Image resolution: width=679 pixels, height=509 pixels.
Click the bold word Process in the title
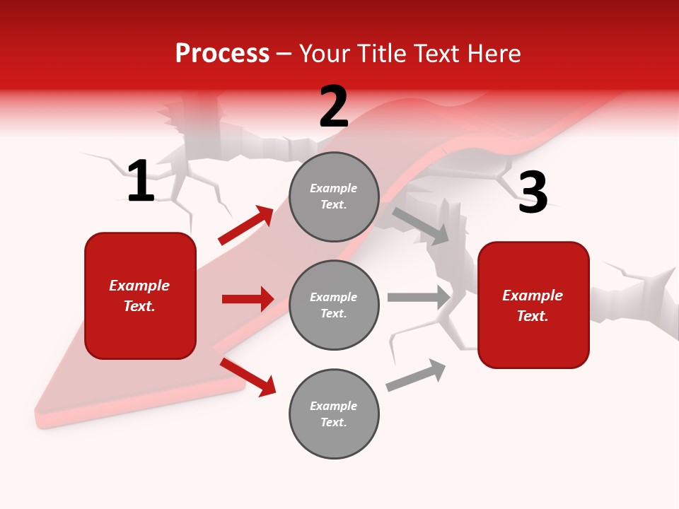click(222, 54)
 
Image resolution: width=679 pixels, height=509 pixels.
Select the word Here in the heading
click(492, 54)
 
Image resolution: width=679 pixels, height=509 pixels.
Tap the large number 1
click(141, 181)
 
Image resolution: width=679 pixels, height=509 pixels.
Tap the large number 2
click(334, 107)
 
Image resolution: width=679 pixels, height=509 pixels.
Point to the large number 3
click(533, 193)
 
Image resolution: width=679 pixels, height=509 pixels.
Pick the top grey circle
click(334, 197)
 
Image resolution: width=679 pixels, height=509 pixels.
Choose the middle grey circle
click(334, 305)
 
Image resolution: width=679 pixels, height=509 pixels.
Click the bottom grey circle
click(334, 414)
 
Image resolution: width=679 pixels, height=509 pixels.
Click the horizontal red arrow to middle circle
click(248, 299)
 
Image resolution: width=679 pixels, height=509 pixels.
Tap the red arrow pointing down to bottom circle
click(248, 377)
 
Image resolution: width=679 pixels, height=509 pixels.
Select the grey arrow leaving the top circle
click(420, 226)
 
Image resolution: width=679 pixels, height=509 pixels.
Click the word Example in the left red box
click(139, 286)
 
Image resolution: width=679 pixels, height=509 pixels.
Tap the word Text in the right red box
click(532, 316)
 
